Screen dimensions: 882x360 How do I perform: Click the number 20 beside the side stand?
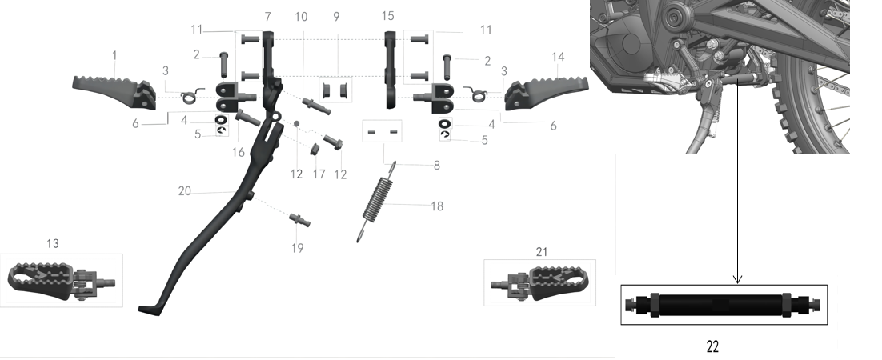coord(185,192)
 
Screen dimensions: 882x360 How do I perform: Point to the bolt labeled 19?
coord(300,219)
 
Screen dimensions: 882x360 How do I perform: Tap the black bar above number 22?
coord(724,306)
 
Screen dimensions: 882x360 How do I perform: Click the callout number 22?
coord(712,346)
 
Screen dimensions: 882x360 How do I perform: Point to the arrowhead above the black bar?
coord(737,279)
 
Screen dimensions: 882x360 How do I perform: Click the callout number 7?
coord(268,17)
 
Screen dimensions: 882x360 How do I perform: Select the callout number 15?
coord(387,16)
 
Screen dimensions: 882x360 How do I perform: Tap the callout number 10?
coord(301,17)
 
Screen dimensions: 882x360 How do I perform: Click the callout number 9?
coord(336,17)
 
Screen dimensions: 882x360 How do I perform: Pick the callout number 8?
coord(436,166)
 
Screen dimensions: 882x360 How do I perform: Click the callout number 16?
coord(239,153)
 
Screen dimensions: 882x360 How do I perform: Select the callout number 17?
coord(319,174)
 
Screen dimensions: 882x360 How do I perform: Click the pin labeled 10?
coord(317,105)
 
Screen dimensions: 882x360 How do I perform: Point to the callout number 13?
coord(52,243)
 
